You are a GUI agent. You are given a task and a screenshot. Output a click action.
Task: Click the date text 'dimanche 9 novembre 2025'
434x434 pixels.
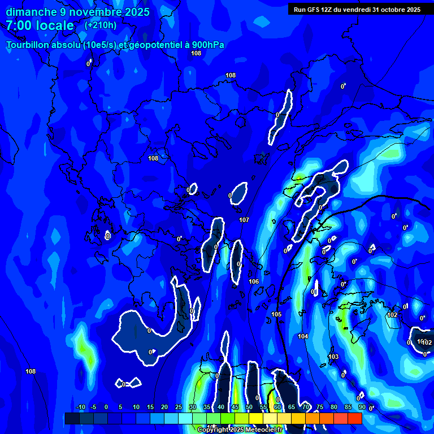coord(77,12)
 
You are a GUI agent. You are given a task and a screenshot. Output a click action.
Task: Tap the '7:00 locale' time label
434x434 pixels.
coord(40,25)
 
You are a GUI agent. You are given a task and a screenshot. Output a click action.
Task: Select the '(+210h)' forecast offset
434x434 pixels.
coord(101,25)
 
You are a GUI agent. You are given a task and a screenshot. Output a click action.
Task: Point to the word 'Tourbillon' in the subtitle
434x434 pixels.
coord(29,45)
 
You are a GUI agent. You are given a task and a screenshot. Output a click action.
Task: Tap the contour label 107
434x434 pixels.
coord(244,220)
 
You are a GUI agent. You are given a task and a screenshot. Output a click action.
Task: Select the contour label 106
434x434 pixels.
coord(254,281)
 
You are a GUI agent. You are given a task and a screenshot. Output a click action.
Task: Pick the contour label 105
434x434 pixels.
coord(276,314)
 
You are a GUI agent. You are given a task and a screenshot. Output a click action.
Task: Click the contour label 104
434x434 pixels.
coord(303,336)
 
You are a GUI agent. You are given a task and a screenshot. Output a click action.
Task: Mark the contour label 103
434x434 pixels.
coord(333,357)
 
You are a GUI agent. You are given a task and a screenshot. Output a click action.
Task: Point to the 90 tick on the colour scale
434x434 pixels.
coord(362,407)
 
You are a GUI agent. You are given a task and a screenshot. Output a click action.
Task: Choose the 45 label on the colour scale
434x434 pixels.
coord(235,407)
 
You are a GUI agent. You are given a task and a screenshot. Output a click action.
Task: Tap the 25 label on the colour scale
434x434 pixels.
coord(178,407)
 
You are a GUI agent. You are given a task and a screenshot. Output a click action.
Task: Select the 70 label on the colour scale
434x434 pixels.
coord(305,407)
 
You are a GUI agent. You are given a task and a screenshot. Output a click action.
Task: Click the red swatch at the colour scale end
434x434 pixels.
coord(354,418)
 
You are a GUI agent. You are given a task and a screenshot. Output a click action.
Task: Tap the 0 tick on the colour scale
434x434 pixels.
coord(106,407)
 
